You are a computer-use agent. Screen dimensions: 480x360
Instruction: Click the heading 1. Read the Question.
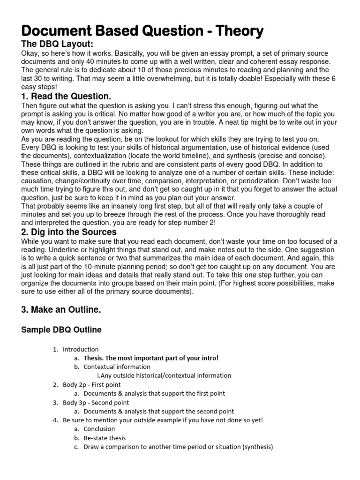(x=67, y=97)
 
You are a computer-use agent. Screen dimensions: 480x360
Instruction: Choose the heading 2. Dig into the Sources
(x=69, y=232)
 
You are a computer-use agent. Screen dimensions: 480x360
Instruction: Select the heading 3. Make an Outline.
(x=61, y=310)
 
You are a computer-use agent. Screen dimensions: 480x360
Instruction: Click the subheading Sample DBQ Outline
(x=61, y=330)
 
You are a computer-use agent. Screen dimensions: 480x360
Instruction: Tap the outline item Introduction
(x=81, y=349)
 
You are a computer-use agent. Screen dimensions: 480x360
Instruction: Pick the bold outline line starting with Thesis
(x=151, y=358)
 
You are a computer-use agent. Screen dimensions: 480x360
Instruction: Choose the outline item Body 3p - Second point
(x=96, y=402)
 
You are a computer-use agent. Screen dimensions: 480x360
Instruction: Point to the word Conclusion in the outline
(x=99, y=429)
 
